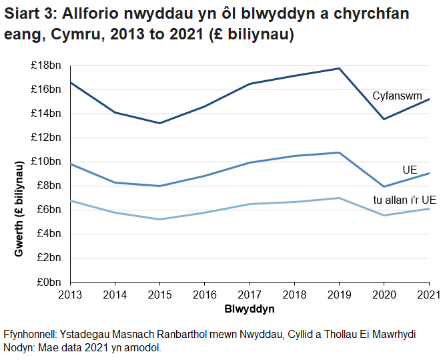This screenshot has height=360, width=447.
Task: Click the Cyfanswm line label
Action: [x=397, y=96]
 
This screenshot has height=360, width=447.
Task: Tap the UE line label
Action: [x=410, y=170]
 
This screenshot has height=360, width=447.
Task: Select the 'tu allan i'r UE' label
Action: [x=404, y=200]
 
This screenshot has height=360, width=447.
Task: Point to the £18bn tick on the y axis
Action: [x=46, y=65]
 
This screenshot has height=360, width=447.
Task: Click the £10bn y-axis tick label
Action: [x=46, y=161]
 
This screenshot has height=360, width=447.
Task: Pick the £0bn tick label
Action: [x=49, y=281]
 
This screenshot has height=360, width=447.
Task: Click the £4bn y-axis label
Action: [x=49, y=233]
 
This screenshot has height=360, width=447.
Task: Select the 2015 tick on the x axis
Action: [x=159, y=294]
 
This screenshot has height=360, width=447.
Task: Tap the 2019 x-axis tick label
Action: [x=339, y=294]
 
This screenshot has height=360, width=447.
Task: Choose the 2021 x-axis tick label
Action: [x=428, y=294]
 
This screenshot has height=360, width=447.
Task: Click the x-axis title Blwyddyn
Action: [x=250, y=310]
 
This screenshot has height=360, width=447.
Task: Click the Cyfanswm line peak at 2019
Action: [x=339, y=68]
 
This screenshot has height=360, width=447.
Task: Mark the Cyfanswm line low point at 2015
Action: [x=159, y=123]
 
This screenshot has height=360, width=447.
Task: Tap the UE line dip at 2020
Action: [x=384, y=186]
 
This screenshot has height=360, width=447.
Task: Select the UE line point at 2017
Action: [x=250, y=162]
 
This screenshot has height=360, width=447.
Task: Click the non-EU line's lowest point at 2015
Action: [x=159, y=219]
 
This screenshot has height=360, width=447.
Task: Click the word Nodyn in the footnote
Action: [x=19, y=348]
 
